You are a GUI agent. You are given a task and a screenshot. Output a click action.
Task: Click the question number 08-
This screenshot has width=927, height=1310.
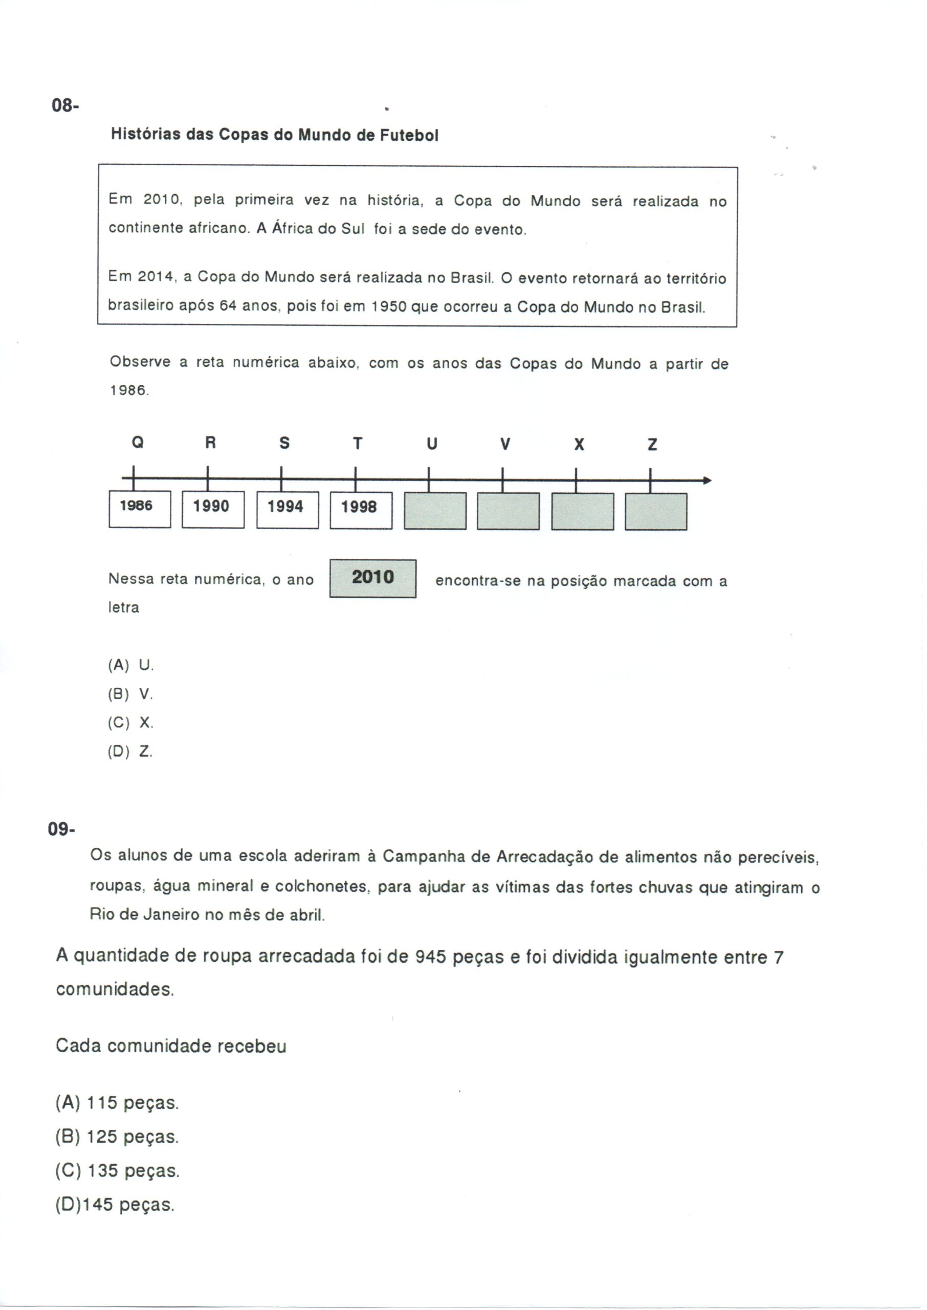pos(65,105)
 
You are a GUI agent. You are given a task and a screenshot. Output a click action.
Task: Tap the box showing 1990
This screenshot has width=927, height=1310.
pos(213,509)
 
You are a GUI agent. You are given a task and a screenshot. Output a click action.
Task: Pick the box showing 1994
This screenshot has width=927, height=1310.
pos(287,509)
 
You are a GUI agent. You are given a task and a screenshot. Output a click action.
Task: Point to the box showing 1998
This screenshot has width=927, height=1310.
pos(361,510)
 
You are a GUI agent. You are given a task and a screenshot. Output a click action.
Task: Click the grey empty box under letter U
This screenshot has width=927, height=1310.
pos(435,511)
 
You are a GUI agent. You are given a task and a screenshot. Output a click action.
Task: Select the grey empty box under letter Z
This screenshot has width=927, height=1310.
pos(656,511)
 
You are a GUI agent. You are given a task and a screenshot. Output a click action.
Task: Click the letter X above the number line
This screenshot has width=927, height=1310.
pos(579,445)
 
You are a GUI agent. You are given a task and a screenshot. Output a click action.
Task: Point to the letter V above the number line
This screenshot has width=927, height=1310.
pos(504,444)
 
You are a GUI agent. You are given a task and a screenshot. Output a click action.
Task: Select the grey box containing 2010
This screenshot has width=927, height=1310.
pos(373,578)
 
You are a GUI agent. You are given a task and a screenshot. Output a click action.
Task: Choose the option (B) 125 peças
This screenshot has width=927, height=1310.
pos(117,1137)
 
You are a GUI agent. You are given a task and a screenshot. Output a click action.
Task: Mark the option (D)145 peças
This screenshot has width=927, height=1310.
pos(115,1205)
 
